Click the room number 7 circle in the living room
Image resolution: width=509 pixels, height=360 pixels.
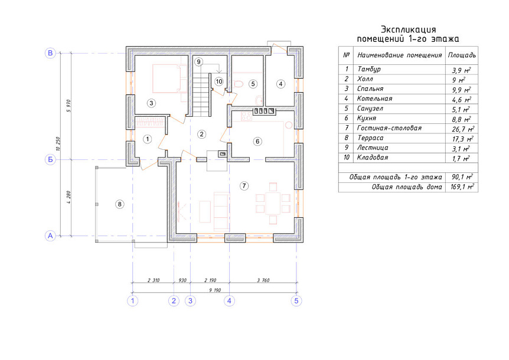[244, 186]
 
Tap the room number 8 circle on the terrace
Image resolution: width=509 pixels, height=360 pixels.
[120, 204]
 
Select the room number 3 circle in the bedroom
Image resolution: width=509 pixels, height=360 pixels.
[151, 103]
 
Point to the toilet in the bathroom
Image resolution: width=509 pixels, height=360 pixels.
[239, 84]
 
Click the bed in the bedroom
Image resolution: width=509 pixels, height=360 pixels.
[169, 78]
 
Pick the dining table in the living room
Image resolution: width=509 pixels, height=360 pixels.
[273, 204]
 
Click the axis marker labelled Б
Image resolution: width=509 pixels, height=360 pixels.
[50, 159]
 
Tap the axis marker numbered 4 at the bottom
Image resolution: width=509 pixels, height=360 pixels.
[229, 301]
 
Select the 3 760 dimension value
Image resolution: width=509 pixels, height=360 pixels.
[263, 280]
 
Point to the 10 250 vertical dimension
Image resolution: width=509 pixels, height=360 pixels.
[58, 143]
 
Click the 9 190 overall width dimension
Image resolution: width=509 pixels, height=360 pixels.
[215, 290]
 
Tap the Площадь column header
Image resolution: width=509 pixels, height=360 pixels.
[462, 55]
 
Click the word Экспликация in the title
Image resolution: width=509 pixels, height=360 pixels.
[408, 30]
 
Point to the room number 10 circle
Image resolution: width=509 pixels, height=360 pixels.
[219, 81]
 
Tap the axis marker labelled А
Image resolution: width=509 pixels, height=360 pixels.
[50, 236]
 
